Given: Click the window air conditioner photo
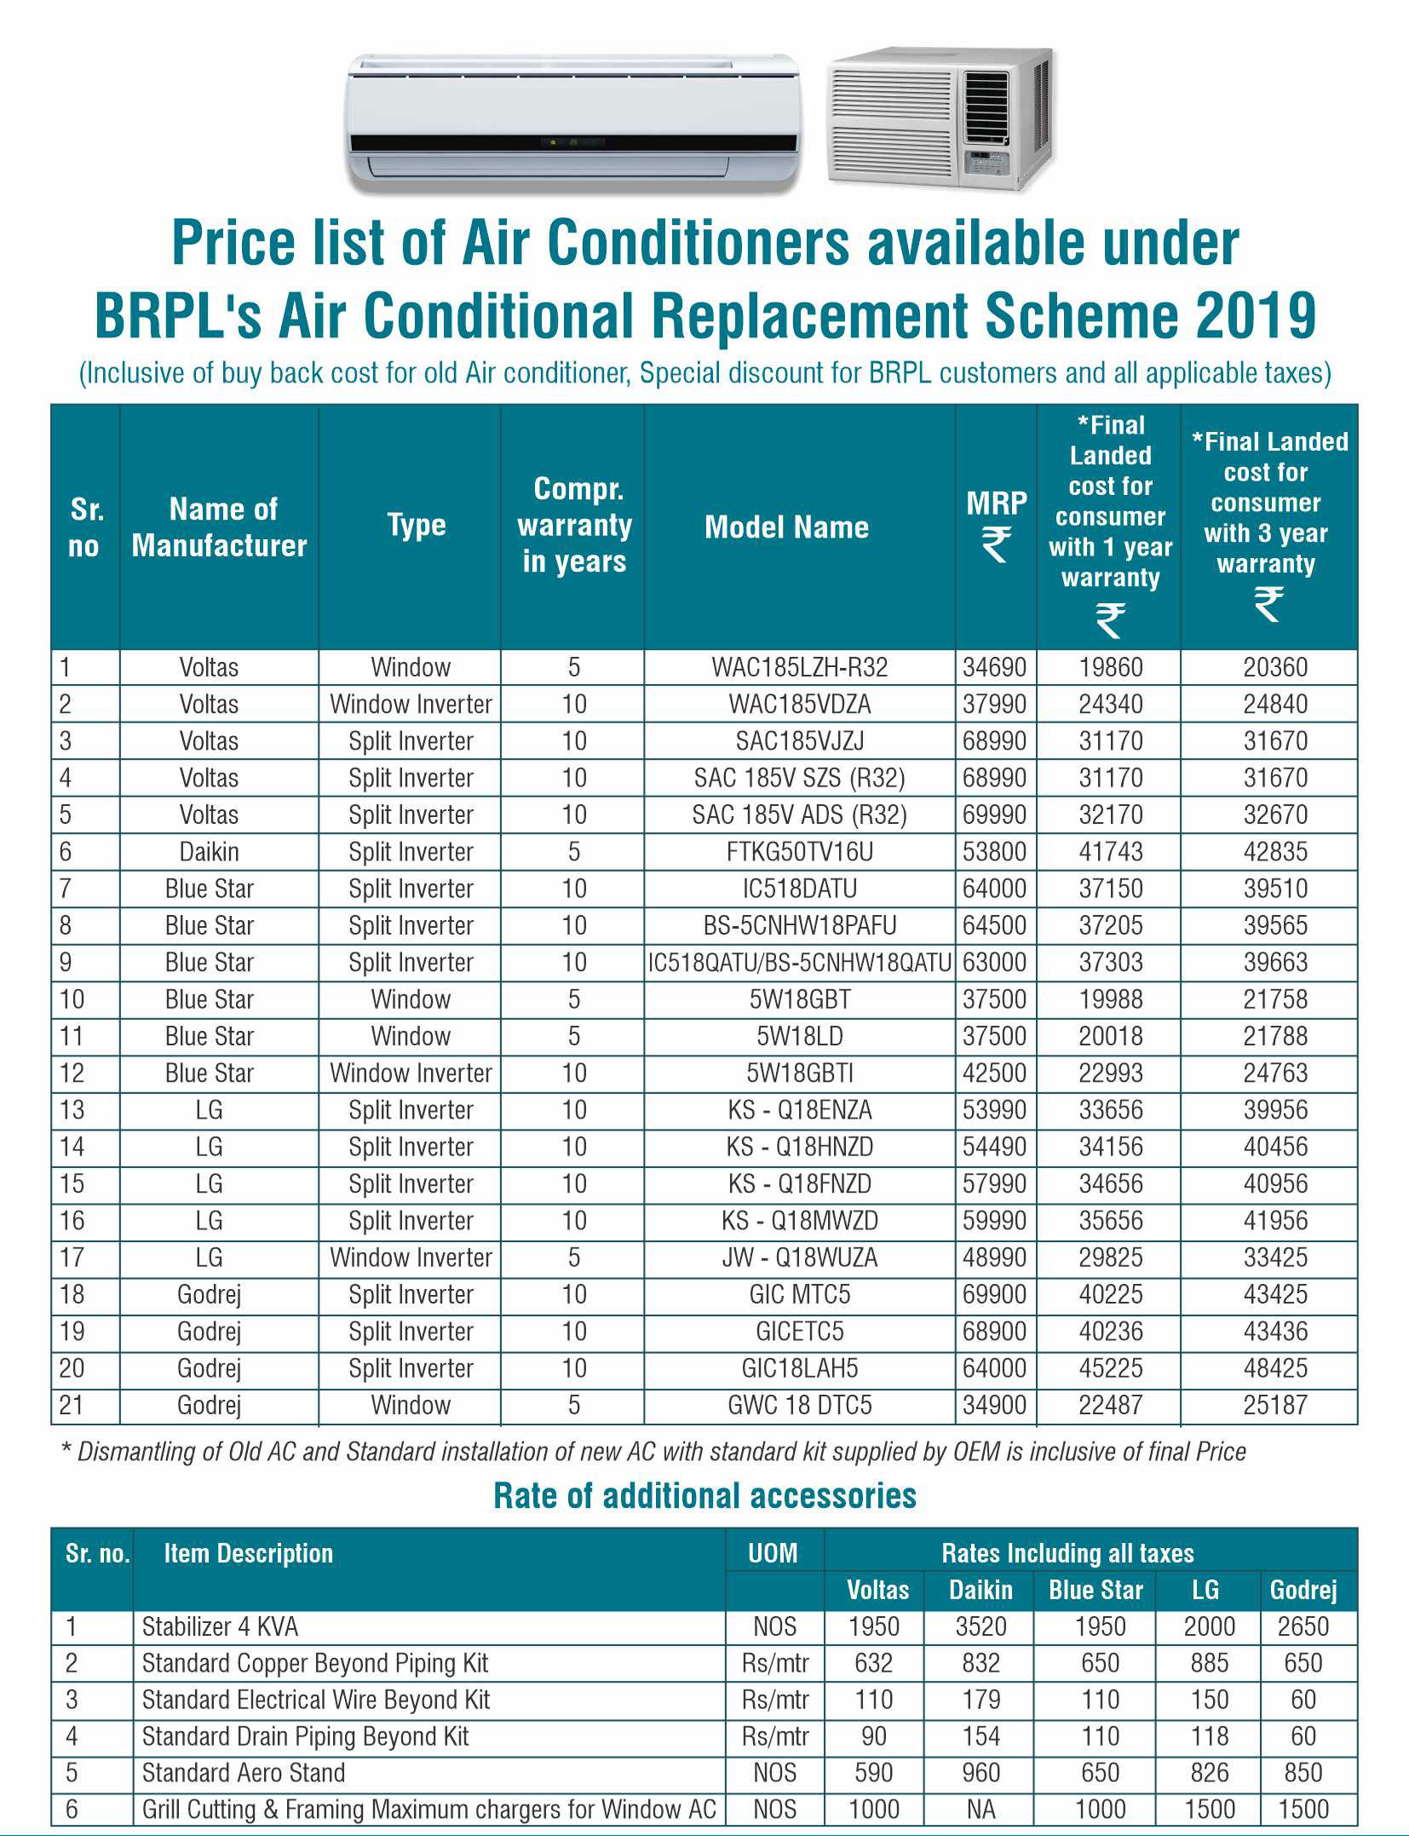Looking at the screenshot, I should click(x=940, y=119).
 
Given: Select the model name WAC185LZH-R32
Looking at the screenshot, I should click(x=799, y=667).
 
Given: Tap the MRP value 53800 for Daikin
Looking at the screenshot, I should click(x=994, y=851).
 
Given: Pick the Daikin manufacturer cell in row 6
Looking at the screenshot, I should click(x=209, y=851).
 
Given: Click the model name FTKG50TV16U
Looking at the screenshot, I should click(x=799, y=851).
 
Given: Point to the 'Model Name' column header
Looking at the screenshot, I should click(x=786, y=527).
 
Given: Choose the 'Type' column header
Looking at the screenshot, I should click(x=416, y=525).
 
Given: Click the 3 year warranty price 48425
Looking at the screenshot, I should click(x=1274, y=1368).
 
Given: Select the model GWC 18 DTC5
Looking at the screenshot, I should click(x=799, y=1405).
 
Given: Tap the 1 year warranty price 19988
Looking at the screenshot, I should click(x=1110, y=999).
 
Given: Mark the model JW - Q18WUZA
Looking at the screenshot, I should click(x=799, y=1258).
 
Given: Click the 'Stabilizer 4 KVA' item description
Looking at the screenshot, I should click(x=220, y=1626).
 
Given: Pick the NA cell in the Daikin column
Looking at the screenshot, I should click(x=981, y=1809).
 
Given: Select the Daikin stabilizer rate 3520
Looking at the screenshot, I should click(x=981, y=1626).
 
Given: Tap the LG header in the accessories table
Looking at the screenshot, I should click(x=1205, y=1590).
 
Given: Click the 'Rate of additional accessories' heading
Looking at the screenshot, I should click(x=704, y=1496).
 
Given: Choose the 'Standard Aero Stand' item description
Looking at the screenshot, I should click(x=244, y=1772).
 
